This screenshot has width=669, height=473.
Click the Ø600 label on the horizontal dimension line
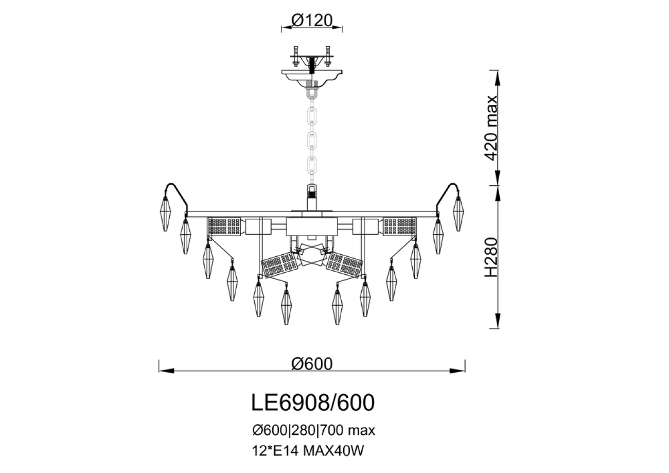312,363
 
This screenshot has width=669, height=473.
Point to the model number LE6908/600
312,403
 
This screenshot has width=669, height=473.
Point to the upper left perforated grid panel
224,226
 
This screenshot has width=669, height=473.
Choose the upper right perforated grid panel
399,226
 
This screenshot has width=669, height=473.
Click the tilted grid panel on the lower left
280,265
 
